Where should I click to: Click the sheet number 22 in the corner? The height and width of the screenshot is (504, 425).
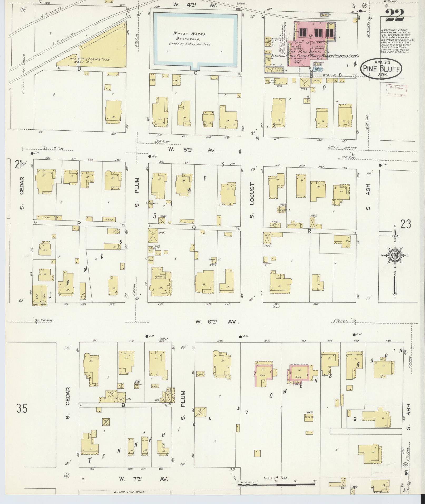pyautogui.click(x=394, y=16)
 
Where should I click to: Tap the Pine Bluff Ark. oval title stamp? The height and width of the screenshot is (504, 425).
pyautogui.click(x=381, y=68)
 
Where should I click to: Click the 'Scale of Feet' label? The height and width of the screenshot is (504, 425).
pyautogui.click(x=276, y=478)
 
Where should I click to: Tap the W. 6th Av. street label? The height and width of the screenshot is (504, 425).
pyautogui.click(x=217, y=322)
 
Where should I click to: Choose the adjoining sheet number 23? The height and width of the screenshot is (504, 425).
pyautogui.click(x=406, y=225)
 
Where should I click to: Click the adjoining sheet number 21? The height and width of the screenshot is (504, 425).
pyautogui.click(x=18, y=165)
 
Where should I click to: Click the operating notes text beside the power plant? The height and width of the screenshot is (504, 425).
pyautogui.click(x=397, y=41)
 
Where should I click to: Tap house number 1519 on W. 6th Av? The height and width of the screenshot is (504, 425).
pyautogui.click(x=160, y=304)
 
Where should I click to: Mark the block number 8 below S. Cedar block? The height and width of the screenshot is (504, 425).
pyautogui.click(x=123, y=405)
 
